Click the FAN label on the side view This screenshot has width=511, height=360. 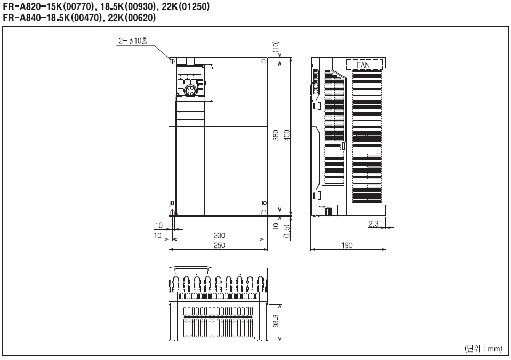click(x=363, y=65)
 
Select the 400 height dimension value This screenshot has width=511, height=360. click(x=287, y=135)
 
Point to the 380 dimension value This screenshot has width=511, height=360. click(x=276, y=135)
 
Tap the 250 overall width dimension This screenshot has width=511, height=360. click(x=219, y=245)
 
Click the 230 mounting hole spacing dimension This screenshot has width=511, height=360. click(x=219, y=235)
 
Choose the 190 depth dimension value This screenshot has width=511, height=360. click(x=347, y=245)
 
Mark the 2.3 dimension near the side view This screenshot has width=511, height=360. click(x=373, y=224)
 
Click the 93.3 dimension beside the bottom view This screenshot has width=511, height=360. click(x=276, y=321)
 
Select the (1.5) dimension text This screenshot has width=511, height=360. click(x=287, y=231)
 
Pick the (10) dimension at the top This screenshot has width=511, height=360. click(x=276, y=47)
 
